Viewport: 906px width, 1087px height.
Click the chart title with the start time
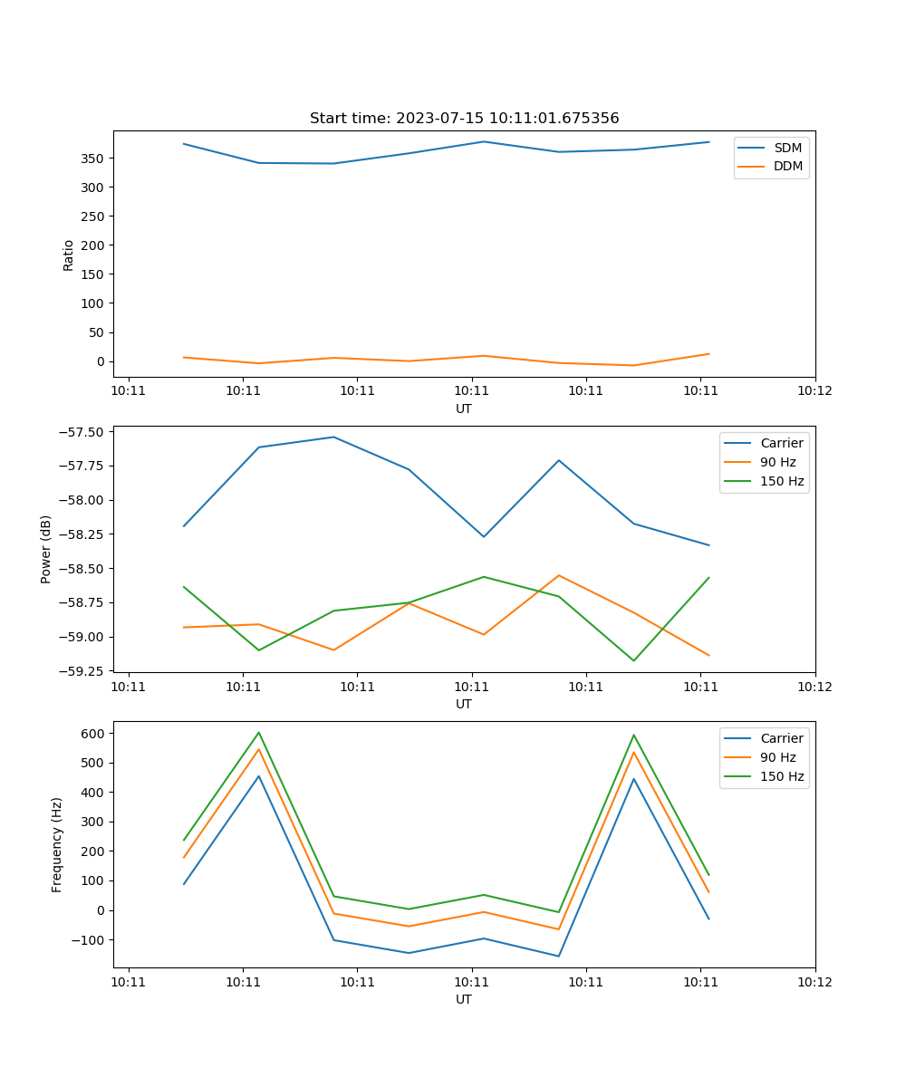464,119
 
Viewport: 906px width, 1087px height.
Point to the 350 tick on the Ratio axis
94,159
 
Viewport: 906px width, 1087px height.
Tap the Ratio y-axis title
69,255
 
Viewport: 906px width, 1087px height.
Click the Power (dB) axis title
46,549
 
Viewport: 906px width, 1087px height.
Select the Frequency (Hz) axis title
57,844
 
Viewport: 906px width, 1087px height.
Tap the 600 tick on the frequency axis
94,733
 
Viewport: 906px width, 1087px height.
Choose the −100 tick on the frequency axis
90,940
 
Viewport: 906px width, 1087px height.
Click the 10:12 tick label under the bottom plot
814,981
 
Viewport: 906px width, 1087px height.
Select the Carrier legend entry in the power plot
781,443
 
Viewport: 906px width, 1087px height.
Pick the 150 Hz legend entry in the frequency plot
782,776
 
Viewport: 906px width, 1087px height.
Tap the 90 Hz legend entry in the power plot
777,462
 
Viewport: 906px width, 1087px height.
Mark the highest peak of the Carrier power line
333,437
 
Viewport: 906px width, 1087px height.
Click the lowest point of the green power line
633,660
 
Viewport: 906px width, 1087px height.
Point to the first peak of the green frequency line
259,732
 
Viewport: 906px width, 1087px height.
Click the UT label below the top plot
464,409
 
